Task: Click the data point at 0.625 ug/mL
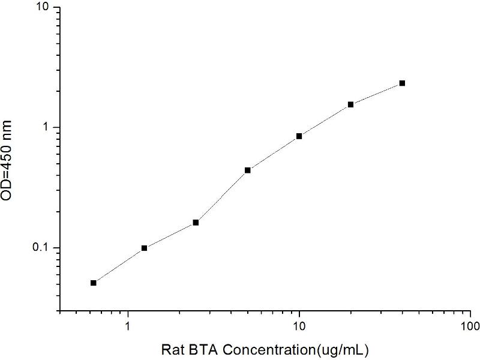click(93, 283)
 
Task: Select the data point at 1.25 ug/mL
click(144, 248)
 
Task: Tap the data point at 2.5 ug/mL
click(196, 223)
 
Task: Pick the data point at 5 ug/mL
click(247, 170)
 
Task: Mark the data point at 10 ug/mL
click(299, 136)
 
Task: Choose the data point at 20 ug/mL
click(350, 104)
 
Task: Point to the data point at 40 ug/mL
click(402, 83)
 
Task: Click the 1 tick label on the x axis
click(128, 326)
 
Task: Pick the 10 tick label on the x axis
click(299, 326)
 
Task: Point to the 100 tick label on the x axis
click(470, 326)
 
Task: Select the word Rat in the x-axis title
click(173, 349)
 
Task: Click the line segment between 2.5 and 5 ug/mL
click(221, 196)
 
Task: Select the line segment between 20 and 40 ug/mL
click(376, 94)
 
